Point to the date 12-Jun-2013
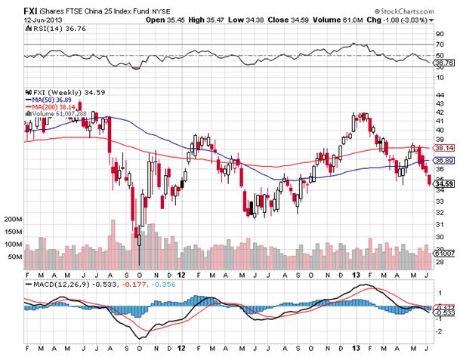click(20, 20)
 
